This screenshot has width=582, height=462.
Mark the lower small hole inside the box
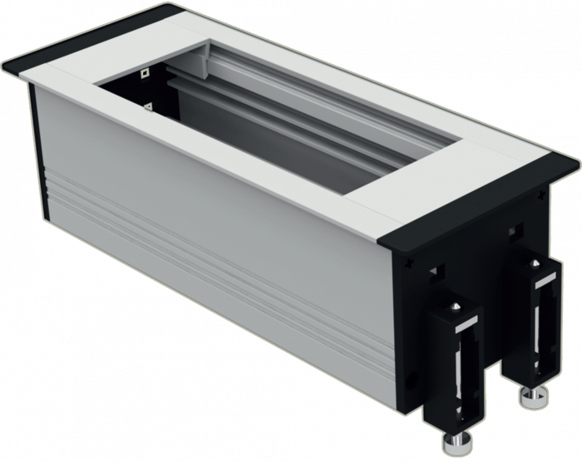pyautogui.click(x=148, y=106)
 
